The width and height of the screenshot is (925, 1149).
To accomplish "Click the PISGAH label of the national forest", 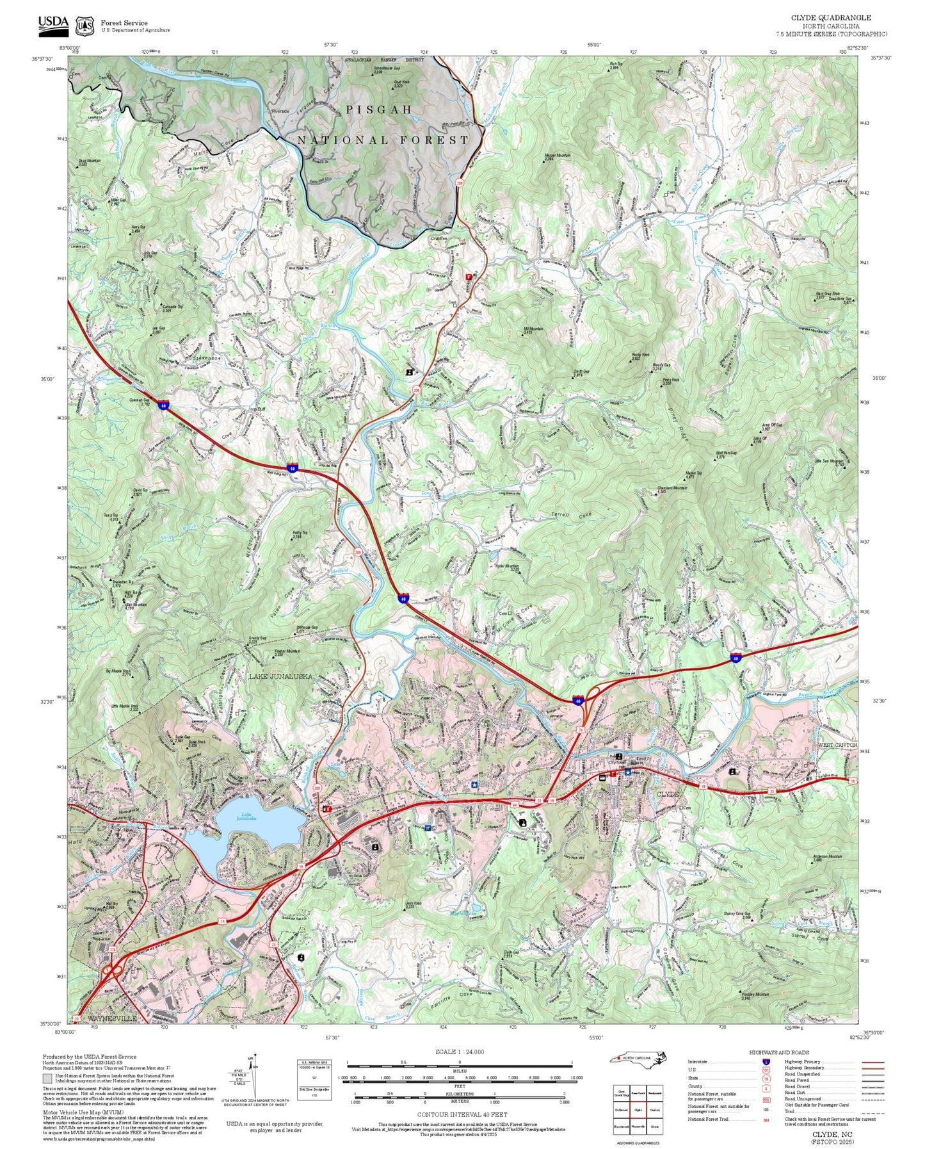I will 379,110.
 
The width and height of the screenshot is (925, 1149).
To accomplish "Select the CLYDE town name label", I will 669,794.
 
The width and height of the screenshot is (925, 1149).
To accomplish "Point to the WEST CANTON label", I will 837,746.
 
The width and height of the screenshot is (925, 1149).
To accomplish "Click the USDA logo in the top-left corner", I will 53,23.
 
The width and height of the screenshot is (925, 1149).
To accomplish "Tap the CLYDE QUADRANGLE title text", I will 831,18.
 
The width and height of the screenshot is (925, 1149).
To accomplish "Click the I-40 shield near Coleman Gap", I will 165,405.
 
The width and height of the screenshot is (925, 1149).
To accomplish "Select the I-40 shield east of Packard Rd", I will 736,658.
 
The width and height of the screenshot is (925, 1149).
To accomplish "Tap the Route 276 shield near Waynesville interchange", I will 113,950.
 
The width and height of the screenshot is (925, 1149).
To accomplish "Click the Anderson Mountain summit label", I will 827,857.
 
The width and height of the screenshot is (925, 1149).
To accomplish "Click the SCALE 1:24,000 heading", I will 460,1052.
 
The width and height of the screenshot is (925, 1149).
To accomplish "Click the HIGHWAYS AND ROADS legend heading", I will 778,1052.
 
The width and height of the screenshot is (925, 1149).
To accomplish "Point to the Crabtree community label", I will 438,238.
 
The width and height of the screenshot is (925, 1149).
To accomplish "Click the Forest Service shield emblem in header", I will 84,26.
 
